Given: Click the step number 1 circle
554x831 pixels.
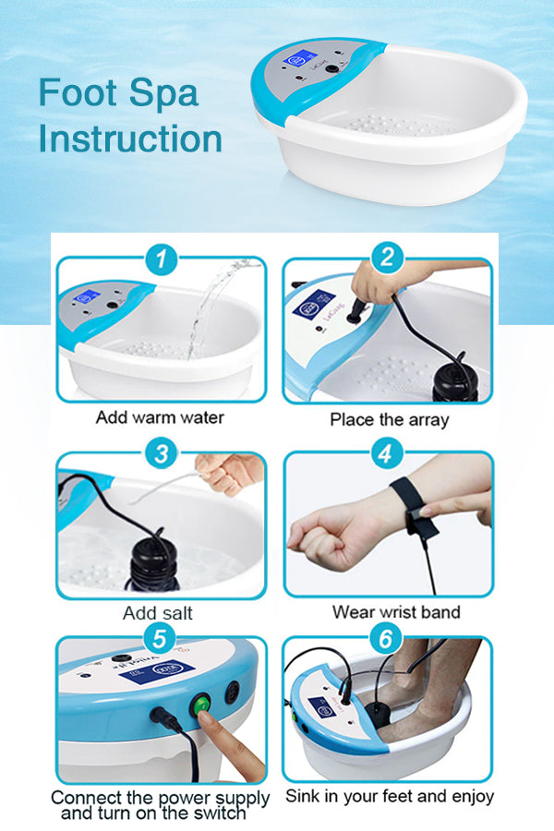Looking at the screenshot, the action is click(x=161, y=259).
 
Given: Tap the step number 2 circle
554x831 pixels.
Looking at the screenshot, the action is click(x=387, y=258).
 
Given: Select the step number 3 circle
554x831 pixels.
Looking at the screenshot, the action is click(x=161, y=453).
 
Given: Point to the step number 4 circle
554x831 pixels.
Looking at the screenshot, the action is click(x=385, y=453).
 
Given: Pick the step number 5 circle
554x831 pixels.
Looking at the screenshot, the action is click(x=160, y=639).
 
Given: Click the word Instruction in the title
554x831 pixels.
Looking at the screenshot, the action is click(x=130, y=138).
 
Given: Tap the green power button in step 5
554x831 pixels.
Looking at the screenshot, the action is click(x=201, y=705).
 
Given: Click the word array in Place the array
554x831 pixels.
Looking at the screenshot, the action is click(x=428, y=421).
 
